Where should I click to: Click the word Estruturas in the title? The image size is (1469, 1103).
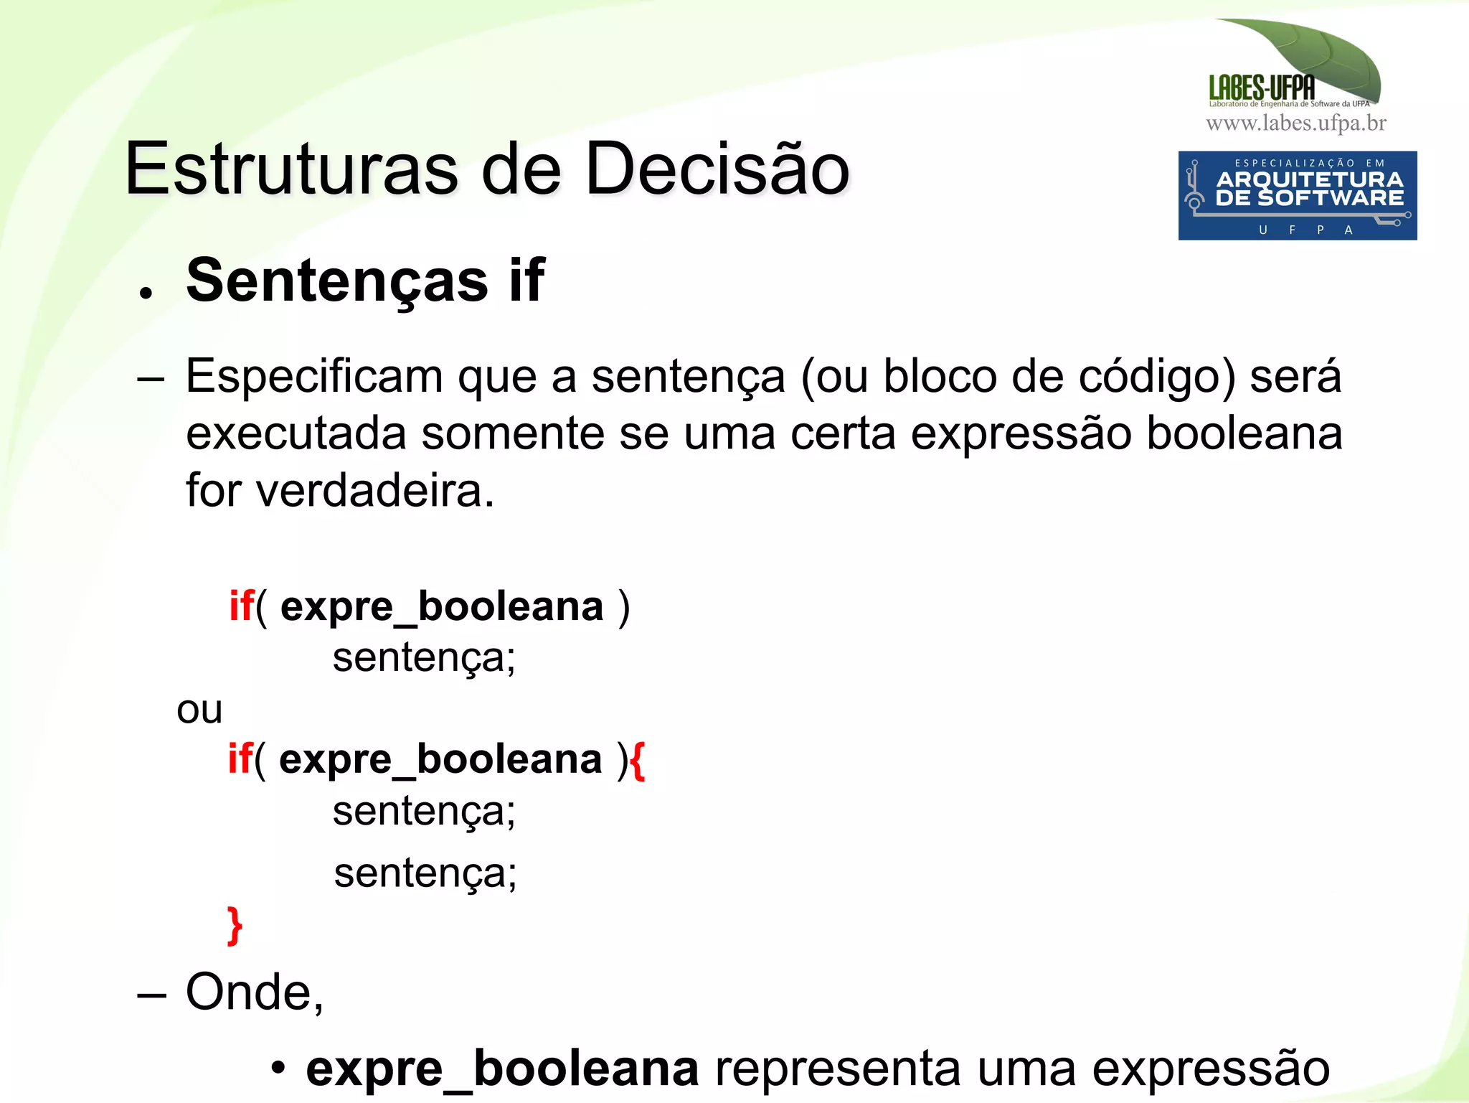[x=291, y=169]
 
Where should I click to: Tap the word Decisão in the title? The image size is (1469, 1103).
[x=717, y=169]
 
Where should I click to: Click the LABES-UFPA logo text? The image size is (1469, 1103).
[x=1262, y=88]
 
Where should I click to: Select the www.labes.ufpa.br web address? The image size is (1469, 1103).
[x=1296, y=123]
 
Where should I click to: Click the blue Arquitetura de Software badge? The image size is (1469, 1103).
[x=1297, y=195]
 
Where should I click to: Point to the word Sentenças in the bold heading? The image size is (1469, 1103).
[x=337, y=281]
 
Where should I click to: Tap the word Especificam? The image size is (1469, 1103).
[x=314, y=377]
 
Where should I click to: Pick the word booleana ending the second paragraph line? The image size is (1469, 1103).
[x=1244, y=434]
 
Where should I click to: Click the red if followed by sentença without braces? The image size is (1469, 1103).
[x=241, y=606]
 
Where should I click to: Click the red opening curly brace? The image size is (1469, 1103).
[x=638, y=760]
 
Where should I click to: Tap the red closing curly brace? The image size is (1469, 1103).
[x=235, y=926]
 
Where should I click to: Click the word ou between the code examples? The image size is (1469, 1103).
[x=199, y=710]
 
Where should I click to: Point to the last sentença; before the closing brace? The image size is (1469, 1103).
[x=425, y=874]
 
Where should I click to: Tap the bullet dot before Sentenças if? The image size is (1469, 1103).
[x=146, y=293]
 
